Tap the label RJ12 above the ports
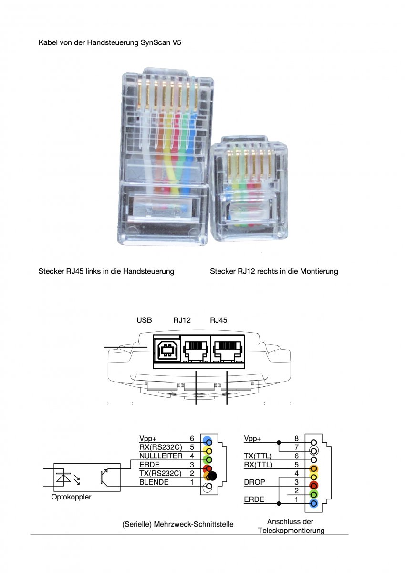[x=182, y=320]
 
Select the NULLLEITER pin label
[x=161, y=456]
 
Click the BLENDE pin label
[x=154, y=482]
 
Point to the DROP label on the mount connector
[x=255, y=482]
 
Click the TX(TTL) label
[x=258, y=456]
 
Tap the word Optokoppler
[x=71, y=497]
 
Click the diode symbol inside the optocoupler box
[x=62, y=477]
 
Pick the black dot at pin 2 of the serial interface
[x=212, y=476]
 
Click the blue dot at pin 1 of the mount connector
[x=313, y=503]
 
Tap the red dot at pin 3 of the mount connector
[x=313, y=485]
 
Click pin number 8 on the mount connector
[x=296, y=438]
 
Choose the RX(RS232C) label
[x=161, y=447]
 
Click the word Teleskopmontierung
[x=291, y=531]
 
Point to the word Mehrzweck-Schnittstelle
[x=194, y=524]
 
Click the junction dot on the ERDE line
[x=279, y=503]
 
